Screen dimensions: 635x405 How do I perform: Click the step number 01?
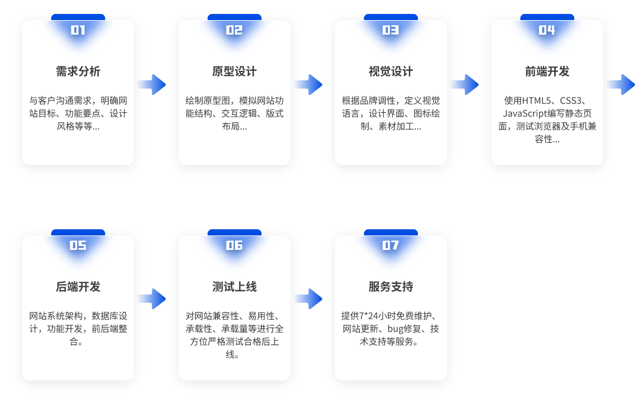coord(78,30)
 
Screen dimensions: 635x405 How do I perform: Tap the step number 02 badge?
coord(234,30)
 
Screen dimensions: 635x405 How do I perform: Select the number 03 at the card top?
coord(391,30)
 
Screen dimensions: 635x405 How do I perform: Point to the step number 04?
coord(547,30)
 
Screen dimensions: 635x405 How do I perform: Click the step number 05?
coord(78,245)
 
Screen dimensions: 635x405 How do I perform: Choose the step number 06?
coord(234,245)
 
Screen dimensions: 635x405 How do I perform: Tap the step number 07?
coord(391,245)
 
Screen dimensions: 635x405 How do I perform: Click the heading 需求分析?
coord(78,72)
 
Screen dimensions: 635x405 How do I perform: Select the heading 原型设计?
coord(234,72)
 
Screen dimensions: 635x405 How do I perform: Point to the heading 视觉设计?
coord(391,72)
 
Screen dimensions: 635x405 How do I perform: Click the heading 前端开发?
coord(547,72)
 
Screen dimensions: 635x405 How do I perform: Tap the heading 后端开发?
coord(78,287)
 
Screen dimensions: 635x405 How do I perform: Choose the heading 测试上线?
coord(234,287)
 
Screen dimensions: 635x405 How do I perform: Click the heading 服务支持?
coord(391,287)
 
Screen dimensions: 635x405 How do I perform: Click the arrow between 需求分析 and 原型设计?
coord(152,85)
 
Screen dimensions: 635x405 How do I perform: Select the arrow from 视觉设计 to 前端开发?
coord(465,85)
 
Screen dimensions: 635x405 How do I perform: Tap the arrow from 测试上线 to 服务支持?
coord(309,299)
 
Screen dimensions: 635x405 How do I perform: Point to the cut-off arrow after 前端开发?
coord(621,85)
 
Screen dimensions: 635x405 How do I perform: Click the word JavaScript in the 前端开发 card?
coord(522,114)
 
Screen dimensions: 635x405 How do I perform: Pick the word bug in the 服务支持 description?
coord(396,329)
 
